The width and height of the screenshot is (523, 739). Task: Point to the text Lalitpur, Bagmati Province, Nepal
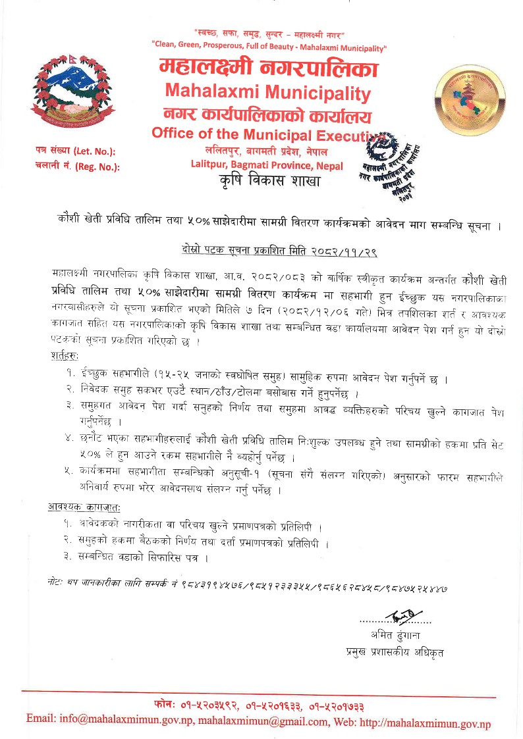[x=266, y=164]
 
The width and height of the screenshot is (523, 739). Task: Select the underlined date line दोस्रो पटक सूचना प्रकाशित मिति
[x=279, y=251]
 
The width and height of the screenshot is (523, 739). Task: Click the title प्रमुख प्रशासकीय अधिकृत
[x=395, y=652]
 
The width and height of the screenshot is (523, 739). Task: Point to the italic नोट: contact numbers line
[x=250, y=583]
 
